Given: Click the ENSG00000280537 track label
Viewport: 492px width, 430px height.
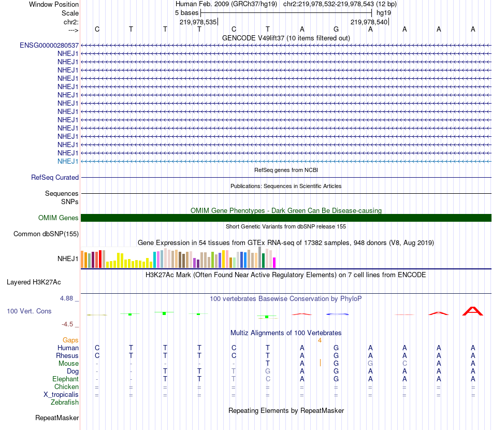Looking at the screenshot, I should pos(49,45).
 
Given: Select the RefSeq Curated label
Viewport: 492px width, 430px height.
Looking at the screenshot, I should pos(55,177).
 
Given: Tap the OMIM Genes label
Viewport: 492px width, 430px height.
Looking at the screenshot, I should pos(59,218).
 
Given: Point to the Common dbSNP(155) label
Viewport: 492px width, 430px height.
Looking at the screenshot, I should pos(46,234).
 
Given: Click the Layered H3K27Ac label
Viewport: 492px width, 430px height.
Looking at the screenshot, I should pos(34,282).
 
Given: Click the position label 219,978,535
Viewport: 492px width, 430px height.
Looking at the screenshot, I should pos(198,22).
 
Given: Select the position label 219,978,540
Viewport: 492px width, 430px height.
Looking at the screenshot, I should pos(369,22).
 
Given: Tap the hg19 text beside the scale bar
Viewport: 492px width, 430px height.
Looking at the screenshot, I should pos(384,12).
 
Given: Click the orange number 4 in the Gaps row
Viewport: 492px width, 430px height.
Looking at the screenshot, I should pos(320,340).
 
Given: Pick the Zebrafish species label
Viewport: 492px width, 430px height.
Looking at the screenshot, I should pos(65,403).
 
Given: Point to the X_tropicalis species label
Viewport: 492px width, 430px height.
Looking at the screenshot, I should pos(61,395).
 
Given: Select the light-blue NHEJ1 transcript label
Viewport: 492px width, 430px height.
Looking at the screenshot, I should pos(68,161).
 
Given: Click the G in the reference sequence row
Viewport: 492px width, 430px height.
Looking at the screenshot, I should pos(336,29).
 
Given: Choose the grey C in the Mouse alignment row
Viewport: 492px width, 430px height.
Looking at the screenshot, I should pos(404,364).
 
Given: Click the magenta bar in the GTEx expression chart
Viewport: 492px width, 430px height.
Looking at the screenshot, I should pos(274,263).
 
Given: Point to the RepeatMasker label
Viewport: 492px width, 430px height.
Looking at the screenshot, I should pos(57,418).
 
